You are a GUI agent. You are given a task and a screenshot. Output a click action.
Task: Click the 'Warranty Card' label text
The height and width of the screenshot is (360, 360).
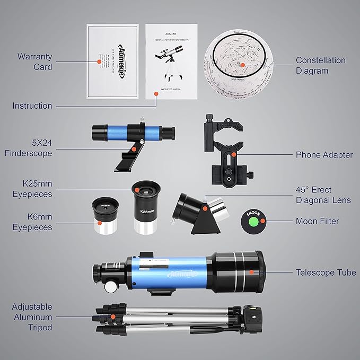(x=35, y=61)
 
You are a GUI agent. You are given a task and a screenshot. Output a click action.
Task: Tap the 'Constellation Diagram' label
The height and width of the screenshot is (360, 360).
(x=320, y=66)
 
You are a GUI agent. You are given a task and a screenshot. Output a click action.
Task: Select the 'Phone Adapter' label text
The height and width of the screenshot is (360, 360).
(x=324, y=155)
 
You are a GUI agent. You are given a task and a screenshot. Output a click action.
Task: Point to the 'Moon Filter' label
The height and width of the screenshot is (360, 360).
(x=317, y=221)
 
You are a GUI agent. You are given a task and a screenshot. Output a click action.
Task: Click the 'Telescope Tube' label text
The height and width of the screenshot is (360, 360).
(x=326, y=273)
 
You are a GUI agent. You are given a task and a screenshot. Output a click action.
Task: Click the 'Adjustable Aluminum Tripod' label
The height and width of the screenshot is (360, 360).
(x=32, y=317)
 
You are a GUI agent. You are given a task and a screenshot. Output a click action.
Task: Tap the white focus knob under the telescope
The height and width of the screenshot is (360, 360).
(x=111, y=285)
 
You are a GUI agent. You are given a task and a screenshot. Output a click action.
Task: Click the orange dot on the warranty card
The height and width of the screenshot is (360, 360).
(x=99, y=62)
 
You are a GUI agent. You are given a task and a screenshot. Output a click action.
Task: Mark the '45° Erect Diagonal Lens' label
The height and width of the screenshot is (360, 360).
(x=323, y=195)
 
